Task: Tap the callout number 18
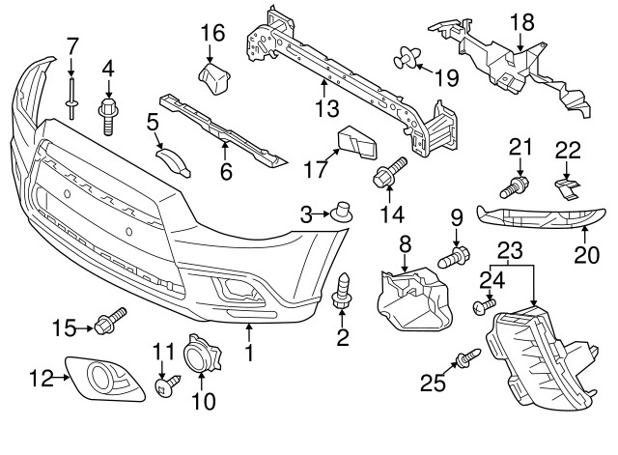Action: (x=521, y=21)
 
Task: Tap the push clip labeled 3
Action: (x=341, y=212)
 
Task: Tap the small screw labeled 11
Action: (x=165, y=385)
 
